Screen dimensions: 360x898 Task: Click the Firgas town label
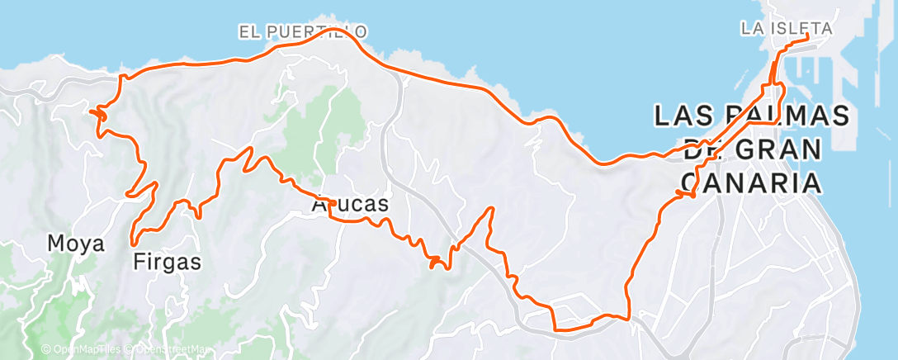pos(167,263)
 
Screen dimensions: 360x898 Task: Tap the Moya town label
pos(75,244)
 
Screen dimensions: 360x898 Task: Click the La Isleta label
pos(785,28)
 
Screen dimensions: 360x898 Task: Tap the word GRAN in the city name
pos(777,150)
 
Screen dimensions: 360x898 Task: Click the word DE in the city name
pos(702,150)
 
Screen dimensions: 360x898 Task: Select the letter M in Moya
pos(55,244)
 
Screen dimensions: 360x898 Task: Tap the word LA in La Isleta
pos(751,28)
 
